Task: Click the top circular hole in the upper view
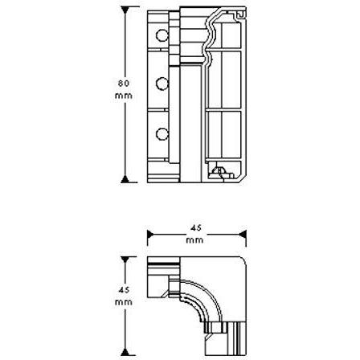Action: (x=162, y=35)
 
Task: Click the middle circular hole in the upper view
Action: (x=162, y=84)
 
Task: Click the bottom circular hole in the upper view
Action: (x=162, y=134)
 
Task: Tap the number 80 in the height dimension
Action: (x=124, y=84)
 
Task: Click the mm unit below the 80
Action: (x=124, y=96)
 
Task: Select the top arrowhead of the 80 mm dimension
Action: (x=125, y=10)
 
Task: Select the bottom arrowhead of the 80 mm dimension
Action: (x=125, y=179)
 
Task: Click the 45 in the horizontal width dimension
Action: (x=196, y=228)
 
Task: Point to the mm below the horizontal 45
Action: (x=195, y=240)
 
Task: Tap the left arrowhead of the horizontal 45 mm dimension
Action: (x=150, y=235)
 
